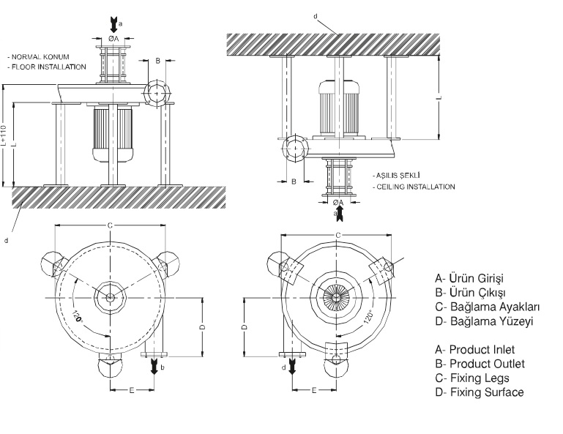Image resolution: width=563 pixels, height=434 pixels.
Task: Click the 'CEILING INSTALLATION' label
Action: tap(415, 187)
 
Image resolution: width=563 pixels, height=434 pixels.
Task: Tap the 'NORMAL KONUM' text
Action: tap(38, 56)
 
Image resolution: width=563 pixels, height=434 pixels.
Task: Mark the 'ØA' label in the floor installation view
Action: tap(113, 38)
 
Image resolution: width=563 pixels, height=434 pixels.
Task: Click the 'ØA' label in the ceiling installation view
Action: tap(338, 202)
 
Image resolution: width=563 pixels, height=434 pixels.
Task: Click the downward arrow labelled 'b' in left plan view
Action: tap(154, 367)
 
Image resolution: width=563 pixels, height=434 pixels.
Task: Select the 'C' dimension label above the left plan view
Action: tap(110, 225)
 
